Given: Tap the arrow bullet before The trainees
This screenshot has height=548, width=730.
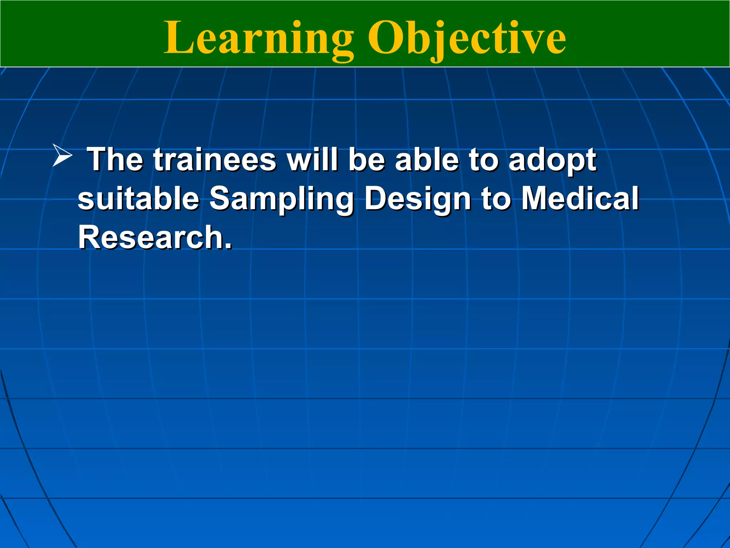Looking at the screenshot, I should coord(62,155).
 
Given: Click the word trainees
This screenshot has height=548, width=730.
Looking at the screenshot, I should coord(215,159).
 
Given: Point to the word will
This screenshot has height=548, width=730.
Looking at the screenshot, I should coord(312,159).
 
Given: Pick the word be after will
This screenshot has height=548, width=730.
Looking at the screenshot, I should coord(366,159).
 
